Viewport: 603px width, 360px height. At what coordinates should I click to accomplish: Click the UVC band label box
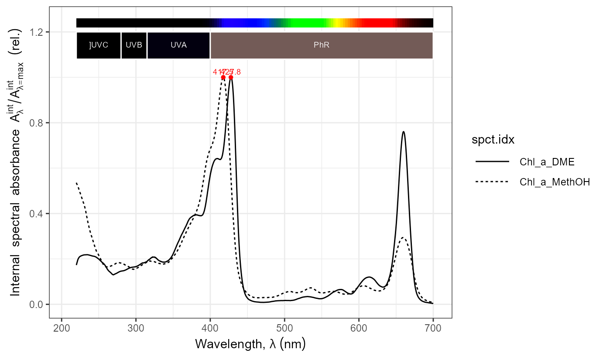tap(99, 45)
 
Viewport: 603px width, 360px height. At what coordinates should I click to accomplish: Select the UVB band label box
tap(134, 45)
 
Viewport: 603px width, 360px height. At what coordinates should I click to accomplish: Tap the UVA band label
tap(178, 45)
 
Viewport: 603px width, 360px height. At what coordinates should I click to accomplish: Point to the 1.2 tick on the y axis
tap(37, 32)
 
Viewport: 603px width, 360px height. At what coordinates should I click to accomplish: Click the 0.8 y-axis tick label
tap(37, 123)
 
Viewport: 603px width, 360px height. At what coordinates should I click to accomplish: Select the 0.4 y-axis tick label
tap(37, 213)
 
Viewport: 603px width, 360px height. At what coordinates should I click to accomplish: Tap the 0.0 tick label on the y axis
tap(37, 304)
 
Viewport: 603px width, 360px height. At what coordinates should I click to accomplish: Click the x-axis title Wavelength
tap(250, 344)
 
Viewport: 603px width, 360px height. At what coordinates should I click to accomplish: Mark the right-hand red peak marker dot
tap(231, 78)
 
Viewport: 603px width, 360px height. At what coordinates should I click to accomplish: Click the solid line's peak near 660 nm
tap(404, 131)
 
